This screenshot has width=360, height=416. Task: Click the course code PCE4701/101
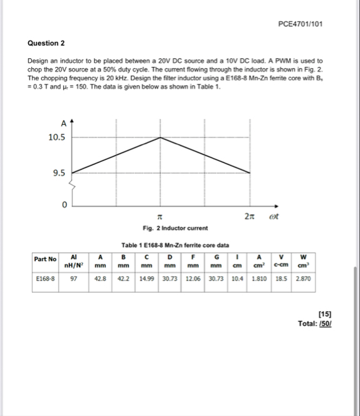coord(299,24)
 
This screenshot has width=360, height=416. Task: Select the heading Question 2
coord(46,43)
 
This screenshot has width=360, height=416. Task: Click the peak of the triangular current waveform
coord(161,137)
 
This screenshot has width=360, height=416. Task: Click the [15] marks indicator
coord(325,312)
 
